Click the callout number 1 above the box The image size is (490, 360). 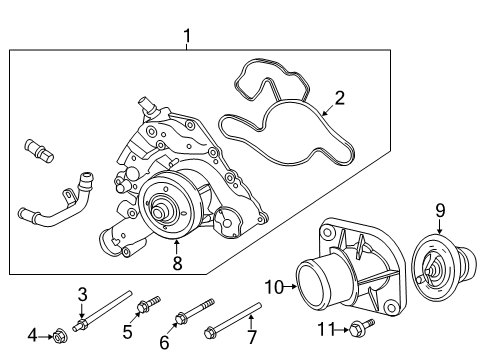click(x=187, y=36)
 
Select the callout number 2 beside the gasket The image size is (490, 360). click(x=339, y=98)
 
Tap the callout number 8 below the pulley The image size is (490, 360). click(x=177, y=263)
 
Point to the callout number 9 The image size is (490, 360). click(x=440, y=211)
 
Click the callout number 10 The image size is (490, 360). click(x=274, y=287)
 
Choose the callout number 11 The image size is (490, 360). click(x=326, y=329)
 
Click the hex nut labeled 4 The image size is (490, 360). click(x=60, y=338)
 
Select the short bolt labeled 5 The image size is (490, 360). click(x=149, y=304)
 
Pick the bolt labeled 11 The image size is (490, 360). click(x=362, y=327)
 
